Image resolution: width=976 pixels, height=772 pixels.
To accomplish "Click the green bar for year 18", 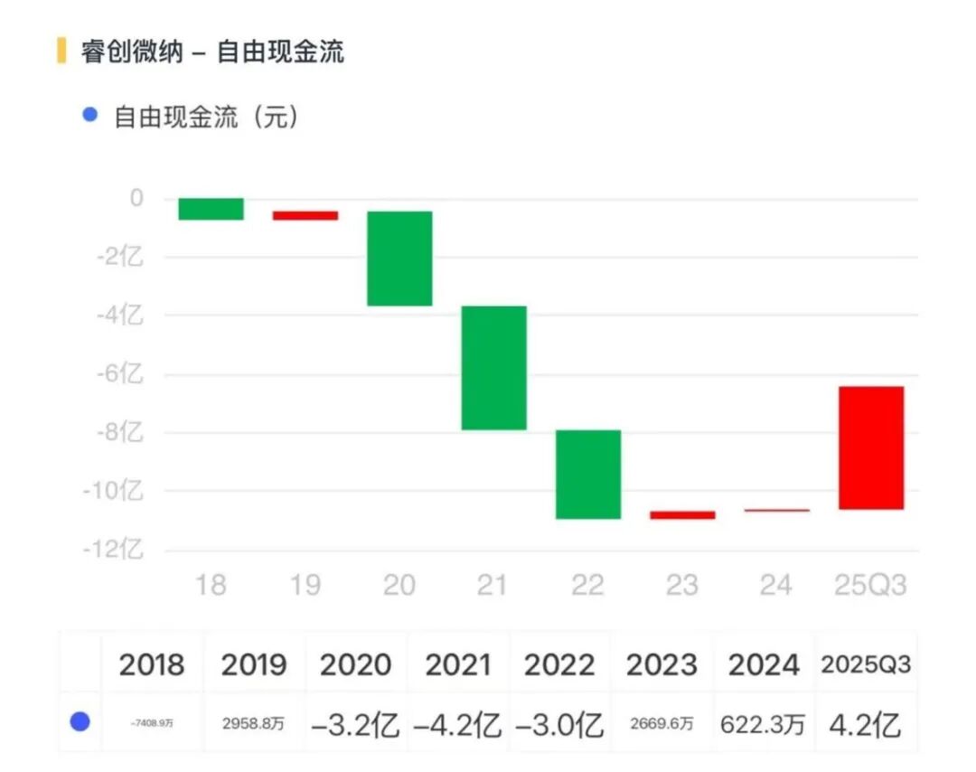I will [211, 209].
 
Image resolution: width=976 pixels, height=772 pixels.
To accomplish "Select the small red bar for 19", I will [305, 215].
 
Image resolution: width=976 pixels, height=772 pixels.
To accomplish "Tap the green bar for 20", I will [399, 259].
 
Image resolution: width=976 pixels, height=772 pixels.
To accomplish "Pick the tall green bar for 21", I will [493, 368].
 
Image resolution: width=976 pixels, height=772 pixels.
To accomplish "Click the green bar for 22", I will [588, 475].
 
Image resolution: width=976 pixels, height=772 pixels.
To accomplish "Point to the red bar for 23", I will [682, 514].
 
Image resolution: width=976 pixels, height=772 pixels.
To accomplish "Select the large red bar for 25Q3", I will [870, 447].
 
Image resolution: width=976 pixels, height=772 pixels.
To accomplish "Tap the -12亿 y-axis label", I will [115, 550].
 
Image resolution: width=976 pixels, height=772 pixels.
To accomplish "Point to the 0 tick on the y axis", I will [136, 198].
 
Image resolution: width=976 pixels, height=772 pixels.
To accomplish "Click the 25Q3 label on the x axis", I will [868, 585].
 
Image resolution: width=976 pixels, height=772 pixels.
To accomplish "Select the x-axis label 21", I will [493, 585].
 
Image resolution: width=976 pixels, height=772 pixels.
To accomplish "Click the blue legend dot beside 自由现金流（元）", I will [89, 116].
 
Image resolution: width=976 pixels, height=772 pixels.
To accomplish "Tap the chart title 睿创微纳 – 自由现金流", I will [212, 52].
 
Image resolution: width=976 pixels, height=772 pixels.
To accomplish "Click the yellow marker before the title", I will [61, 51].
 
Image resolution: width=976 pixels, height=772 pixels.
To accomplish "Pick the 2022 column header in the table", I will [559, 665].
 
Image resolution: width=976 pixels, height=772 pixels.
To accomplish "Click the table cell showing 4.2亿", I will [866, 725].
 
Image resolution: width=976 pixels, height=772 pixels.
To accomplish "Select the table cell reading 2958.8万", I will [253, 725].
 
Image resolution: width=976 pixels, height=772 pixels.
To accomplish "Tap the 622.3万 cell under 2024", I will [763, 725].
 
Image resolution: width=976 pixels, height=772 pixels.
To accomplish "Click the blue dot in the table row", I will [80, 722].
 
